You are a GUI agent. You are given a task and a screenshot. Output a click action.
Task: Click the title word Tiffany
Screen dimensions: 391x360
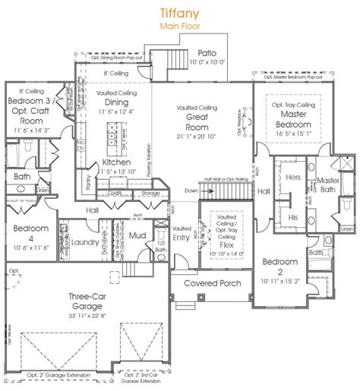coord(179,12)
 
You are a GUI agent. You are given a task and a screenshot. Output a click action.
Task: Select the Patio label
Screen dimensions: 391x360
coord(207,52)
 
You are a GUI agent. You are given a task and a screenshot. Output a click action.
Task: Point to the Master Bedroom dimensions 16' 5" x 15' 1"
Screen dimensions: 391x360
coord(288,131)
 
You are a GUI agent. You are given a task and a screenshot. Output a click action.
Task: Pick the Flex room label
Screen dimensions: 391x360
coord(218,247)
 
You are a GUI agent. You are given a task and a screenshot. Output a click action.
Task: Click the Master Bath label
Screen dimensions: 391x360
coord(328,185)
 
